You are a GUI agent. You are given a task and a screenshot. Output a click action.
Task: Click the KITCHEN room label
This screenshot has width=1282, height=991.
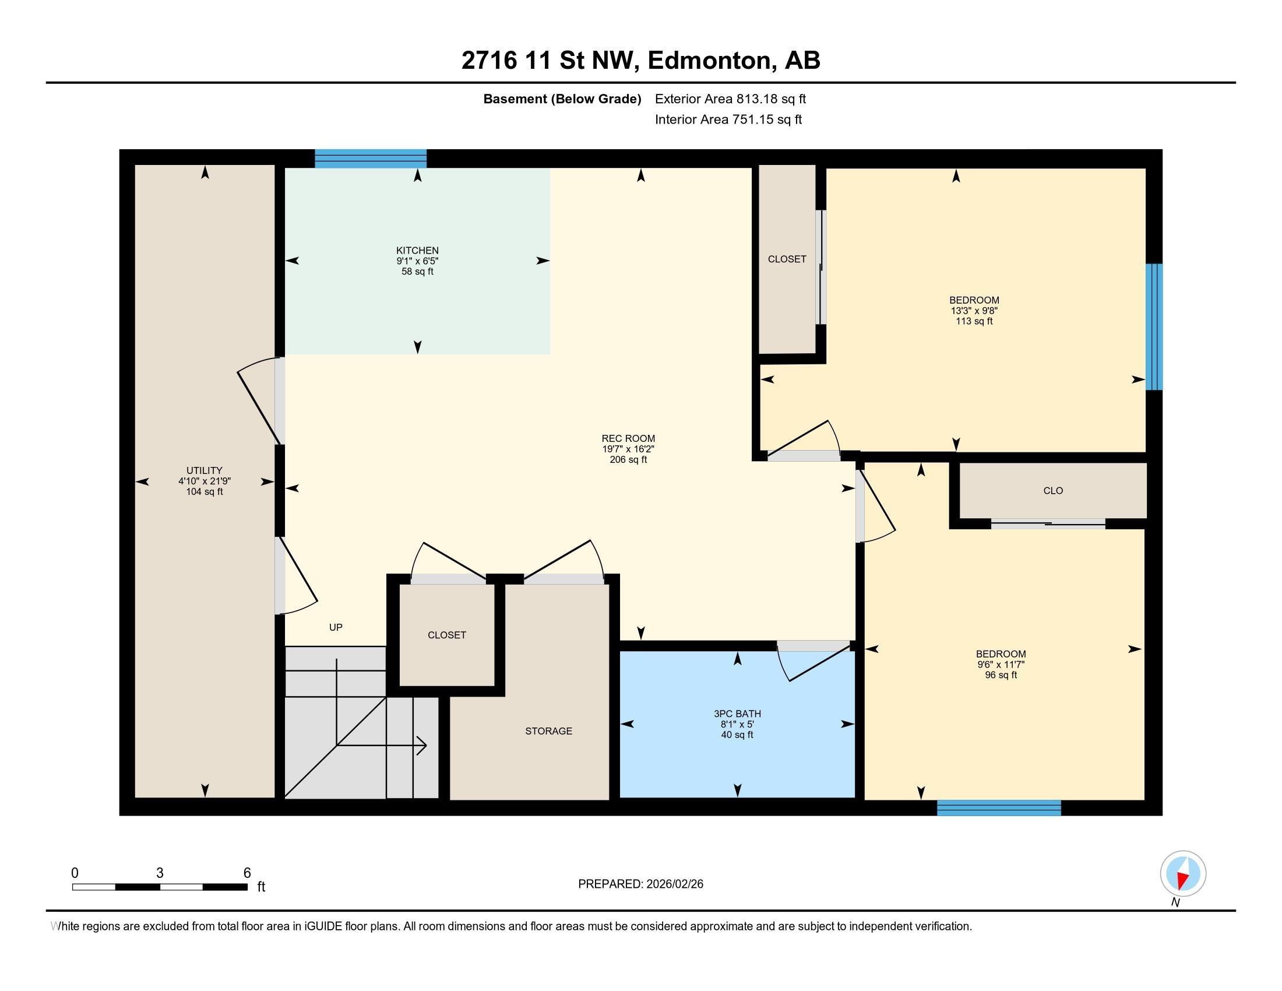click(417, 251)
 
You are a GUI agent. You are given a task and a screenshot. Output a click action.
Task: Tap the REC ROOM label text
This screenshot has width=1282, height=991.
click(628, 438)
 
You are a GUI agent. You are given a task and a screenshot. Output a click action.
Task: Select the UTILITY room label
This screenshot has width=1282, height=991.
click(205, 470)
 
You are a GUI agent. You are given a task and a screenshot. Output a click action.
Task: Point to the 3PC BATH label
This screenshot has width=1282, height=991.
click(737, 714)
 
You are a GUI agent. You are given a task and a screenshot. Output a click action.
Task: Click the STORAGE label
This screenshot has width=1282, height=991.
click(548, 731)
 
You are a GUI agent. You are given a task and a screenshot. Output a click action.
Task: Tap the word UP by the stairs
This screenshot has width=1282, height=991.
click(336, 627)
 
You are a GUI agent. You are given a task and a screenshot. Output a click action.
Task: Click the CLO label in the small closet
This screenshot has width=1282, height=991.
click(1053, 491)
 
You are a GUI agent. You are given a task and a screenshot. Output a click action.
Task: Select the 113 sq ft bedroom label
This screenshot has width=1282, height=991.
click(974, 311)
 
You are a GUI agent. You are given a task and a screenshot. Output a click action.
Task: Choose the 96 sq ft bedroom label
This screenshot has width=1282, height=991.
click(1001, 665)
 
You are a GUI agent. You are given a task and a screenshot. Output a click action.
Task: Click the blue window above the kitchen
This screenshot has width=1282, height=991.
click(371, 159)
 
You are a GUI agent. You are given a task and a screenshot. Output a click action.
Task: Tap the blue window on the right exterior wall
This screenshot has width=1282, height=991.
click(1154, 327)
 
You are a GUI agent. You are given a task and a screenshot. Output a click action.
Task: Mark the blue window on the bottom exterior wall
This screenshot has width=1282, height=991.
click(999, 808)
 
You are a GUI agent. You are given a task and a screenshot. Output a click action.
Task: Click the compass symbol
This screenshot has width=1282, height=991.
click(1183, 874)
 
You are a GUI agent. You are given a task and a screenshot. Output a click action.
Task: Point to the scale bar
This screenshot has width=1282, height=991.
click(160, 887)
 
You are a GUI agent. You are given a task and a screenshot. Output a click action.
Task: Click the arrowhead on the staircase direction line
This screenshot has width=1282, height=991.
click(421, 746)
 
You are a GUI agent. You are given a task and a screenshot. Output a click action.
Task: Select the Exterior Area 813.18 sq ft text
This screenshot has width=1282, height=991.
click(730, 99)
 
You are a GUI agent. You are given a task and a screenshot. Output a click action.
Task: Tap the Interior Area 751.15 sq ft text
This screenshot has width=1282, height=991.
click(728, 120)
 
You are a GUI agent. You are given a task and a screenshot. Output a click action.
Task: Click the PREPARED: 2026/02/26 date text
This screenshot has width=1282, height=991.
click(640, 884)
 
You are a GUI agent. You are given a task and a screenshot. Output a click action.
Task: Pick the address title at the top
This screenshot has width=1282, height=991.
click(641, 60)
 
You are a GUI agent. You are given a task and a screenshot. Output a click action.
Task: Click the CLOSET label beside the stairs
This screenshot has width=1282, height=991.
click(447, 635)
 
